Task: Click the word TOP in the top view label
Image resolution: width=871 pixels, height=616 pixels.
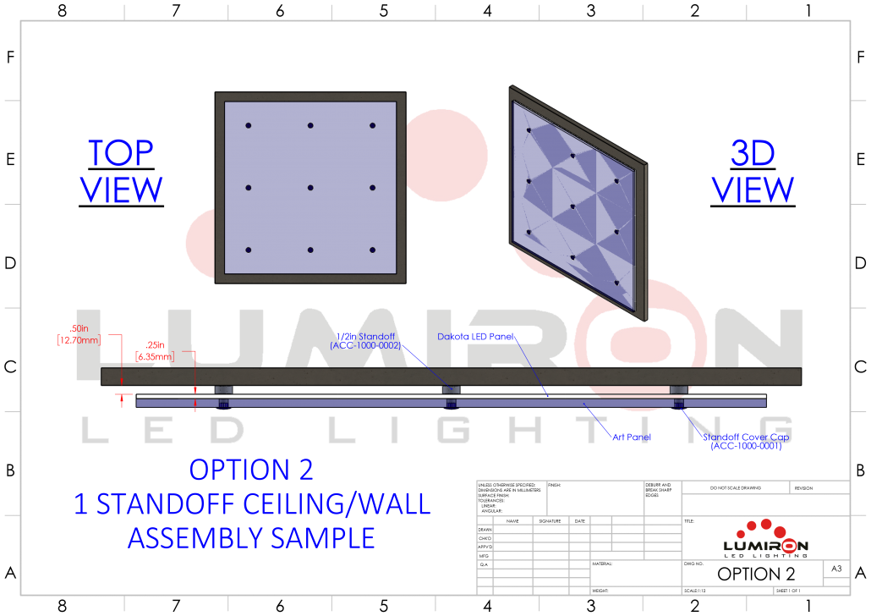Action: click(121, 153)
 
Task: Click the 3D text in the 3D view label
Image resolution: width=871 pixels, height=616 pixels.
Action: click(753, 153)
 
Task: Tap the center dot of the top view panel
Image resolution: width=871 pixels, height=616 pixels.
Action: click(310, 188)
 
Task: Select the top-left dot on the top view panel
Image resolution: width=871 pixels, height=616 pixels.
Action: click(249, 126)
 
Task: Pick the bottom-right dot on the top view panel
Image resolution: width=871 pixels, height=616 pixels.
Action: click(372, 250)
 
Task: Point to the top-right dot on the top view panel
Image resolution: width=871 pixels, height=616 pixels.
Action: click(372, 126)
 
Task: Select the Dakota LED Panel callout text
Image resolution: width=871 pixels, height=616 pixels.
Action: click(476, 337)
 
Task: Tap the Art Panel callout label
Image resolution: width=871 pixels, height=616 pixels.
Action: click(631, 437)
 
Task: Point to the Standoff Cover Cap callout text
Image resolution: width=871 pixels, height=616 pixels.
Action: click(741, 441)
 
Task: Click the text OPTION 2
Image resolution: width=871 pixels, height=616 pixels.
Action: click(251, 469)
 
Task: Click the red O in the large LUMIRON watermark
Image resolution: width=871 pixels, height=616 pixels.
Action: click(646, 343)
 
